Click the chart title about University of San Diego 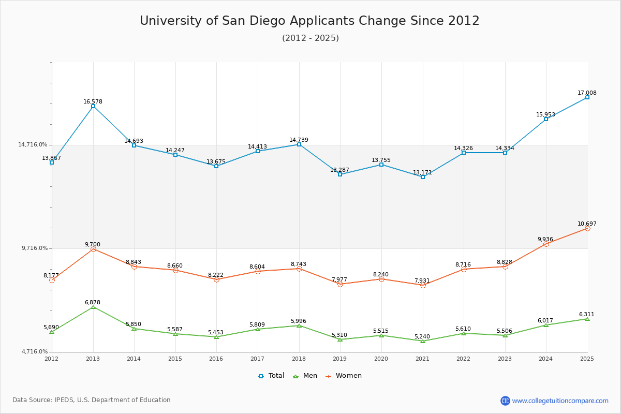(x=309, y=21)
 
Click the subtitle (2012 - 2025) (x=310, y=38)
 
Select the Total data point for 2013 (x=93, y=106)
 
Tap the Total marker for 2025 (x=587, y=97)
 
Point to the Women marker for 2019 (x=340, y=284)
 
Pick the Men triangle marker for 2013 (x=93, y=307)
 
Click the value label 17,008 (x=587, y=93)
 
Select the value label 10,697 (x=587, y=224)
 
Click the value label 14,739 (x=299, y=140)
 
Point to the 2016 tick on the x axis (x=216, y=359)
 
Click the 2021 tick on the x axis (x=422, y=359)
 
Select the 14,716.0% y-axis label (x=33, y=145)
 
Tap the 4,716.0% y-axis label (x=34, y=352)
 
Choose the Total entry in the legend (x=272, y=376)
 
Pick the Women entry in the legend (x=344, y=376)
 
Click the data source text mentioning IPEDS (x=92, y=400)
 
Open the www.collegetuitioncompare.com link (x=560, y=401)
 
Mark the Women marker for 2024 (x=546, y=244)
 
